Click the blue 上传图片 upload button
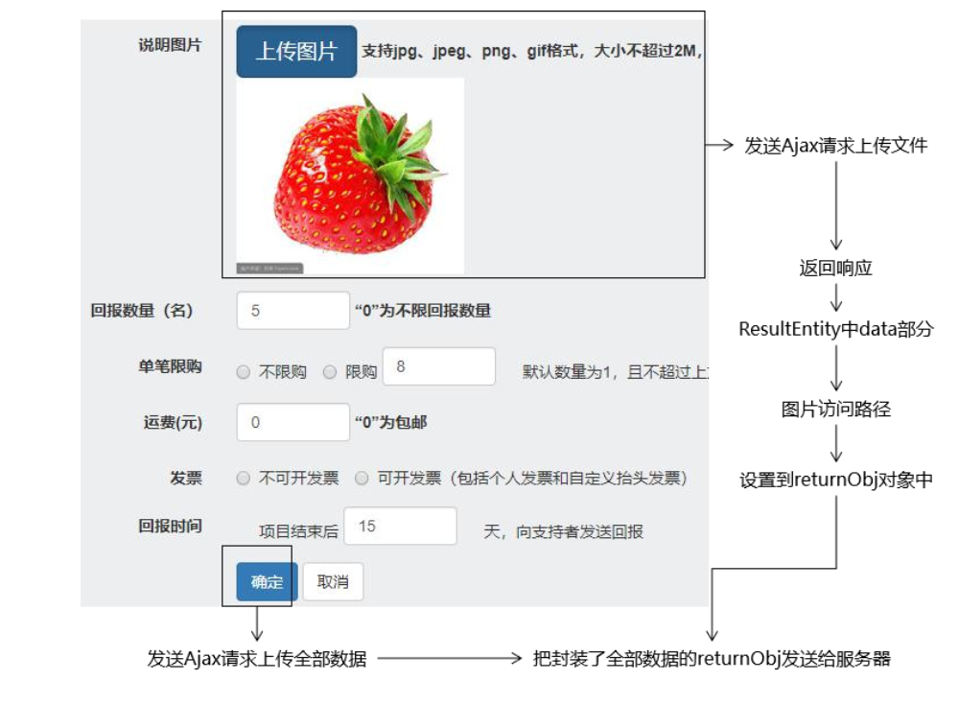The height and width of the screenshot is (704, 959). point(296,52)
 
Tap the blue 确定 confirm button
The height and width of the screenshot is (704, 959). point(267,581)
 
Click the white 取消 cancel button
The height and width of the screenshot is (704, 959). point(333,581)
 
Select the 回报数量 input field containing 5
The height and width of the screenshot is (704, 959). point(292,311)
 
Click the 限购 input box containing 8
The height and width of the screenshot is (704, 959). point(438,367)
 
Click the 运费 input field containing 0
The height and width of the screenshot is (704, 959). point(292,422)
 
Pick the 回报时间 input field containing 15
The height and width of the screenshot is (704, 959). point(400,527)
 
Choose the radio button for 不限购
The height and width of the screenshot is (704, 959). point(243,372)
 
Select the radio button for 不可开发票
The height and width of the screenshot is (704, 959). point(243,478)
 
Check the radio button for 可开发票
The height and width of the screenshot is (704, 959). point(361,478)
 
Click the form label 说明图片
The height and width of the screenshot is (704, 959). point(170,45)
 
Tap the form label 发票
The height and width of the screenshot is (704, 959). point(186,478)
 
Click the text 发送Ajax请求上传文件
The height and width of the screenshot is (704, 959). point(835,146)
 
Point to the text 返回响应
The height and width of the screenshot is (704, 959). point(835,268)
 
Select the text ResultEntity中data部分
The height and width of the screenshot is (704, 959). point(835,329)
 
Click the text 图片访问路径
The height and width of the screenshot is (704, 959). point(835,410)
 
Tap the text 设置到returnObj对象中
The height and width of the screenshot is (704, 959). point(835,481)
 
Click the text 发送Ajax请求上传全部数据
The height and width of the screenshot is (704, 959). point(257,659)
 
